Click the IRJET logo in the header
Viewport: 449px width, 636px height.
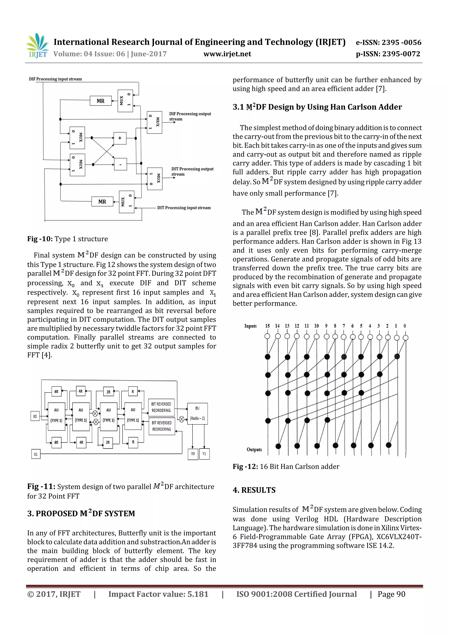click(x=37, y=46)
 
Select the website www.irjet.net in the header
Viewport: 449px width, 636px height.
click(x=227, y=54)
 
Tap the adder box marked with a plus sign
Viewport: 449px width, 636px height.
click(x=120, y=138)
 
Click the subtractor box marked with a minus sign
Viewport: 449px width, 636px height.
click(x=120, y=164)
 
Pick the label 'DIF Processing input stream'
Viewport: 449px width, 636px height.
click(x=55, y=79)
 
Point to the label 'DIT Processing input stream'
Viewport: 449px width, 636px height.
click(x=184, y=208)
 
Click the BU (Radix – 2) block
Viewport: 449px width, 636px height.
click(x=197, y=414)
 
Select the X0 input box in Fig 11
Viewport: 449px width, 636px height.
click(x=35, y=416)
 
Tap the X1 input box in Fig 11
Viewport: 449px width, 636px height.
click(x=36, y=454)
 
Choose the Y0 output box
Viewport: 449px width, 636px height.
click(x=193, y=454)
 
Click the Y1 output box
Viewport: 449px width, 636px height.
click(x=204, y=454)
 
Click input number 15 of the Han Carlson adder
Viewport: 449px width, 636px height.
click(x=267, y=326)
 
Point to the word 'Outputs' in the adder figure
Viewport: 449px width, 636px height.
click(x=254, y=449)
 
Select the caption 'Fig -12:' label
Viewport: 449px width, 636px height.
click(x=245, y=467)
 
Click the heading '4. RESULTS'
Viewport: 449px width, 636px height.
click(x=254, y=490)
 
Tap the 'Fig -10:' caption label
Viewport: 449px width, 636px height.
click(x=40, y=239)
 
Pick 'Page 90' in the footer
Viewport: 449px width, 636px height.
click(x=391, y=594)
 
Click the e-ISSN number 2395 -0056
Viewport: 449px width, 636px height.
click(x=401, y=42)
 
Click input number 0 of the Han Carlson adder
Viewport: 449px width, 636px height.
click(x=404, y=326)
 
